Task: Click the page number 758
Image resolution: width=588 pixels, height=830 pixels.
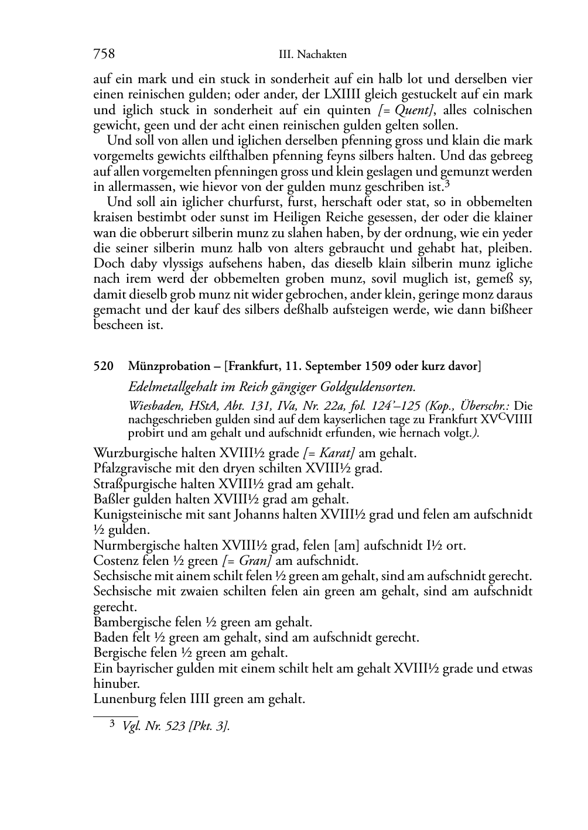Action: (x=104, y=54)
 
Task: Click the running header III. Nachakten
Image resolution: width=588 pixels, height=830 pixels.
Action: (x=313, y=55)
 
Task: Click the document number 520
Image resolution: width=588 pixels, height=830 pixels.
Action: (x=102, y=366)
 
